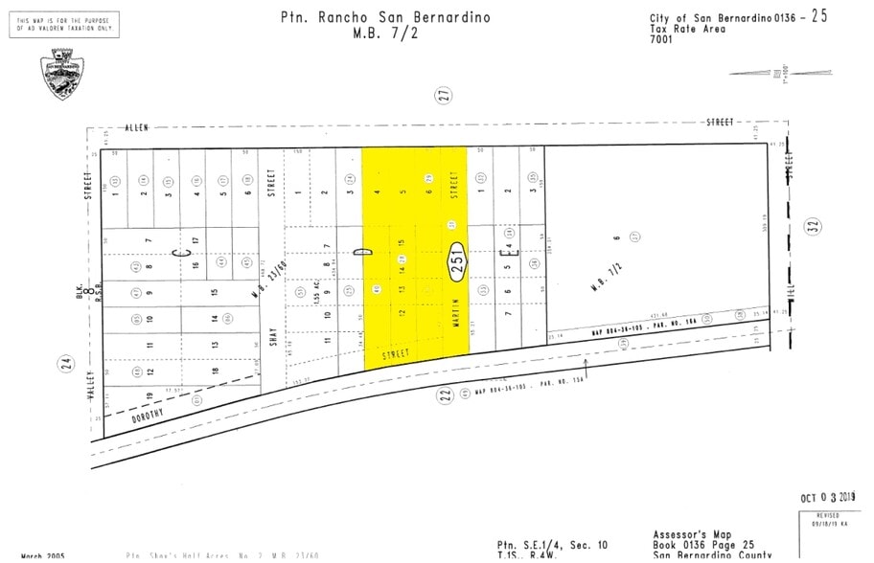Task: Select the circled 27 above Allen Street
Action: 444,96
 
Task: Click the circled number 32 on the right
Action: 814,227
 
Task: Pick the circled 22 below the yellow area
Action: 445,395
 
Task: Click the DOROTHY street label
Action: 142,414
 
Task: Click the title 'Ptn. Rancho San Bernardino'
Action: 385,17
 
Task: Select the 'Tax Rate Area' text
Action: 687,29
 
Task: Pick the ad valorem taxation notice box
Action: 64,24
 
